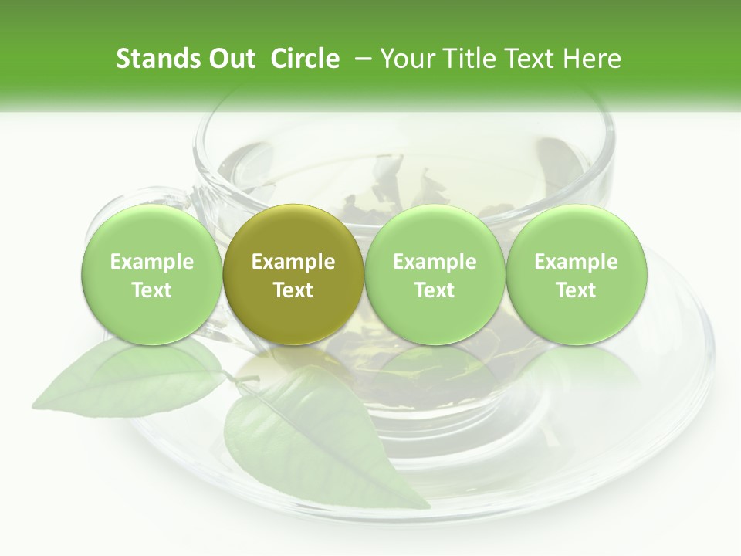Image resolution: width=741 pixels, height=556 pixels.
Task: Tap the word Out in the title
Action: tap(231, 59)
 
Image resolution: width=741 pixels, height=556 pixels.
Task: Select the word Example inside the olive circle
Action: tap(293, 262)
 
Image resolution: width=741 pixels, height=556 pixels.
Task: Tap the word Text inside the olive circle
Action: tap(293, 290)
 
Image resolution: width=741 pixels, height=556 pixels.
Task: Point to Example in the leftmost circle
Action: tap(152, 262)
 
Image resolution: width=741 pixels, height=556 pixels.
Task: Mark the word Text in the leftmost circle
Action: tap(152, 290)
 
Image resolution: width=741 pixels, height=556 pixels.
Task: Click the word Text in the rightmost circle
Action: tap(576, 290)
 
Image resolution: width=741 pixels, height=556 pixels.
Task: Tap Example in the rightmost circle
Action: tap(576, 262)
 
